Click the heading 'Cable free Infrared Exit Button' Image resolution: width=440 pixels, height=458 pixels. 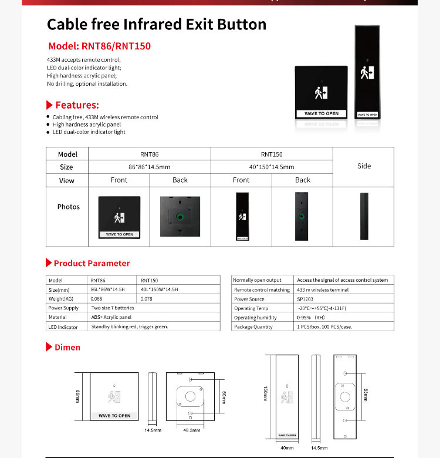coord(156,24)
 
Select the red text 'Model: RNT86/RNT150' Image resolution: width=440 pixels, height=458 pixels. coord(99,46)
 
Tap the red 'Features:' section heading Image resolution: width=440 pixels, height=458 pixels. coord(77,105)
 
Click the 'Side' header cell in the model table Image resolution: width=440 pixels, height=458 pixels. coord(364,166)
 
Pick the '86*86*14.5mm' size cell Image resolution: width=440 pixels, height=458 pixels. coord(149,167)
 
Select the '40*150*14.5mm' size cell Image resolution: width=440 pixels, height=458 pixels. coord(272,167)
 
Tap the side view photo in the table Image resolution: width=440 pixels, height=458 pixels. coord(364,216)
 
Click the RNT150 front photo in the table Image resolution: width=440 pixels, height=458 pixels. coord(241,217)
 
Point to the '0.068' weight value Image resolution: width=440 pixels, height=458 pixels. coord(97,299)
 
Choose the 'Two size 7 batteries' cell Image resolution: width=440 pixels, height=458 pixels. coord(113,308)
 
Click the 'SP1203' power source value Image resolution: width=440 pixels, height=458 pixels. coord(306,299)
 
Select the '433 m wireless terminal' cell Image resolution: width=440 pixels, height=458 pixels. coord(323,289)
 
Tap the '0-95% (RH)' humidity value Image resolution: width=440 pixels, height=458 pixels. coord(312,318)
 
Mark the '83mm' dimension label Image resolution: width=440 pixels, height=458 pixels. coord(365,395)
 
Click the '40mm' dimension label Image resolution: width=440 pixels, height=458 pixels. coord(287,448)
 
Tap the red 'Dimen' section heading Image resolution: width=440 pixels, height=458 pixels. coord(67,348)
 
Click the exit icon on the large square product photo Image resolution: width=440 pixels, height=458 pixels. coord(321,92)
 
